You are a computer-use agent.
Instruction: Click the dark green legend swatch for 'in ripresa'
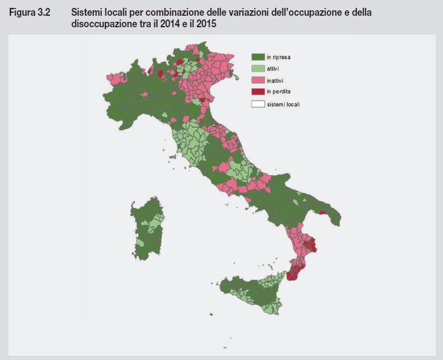pos(258,56)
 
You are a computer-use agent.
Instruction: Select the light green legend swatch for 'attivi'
pos(258,68)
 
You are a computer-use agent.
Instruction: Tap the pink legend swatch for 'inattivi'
pos(258,80)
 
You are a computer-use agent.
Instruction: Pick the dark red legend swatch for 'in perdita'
pos(258,92)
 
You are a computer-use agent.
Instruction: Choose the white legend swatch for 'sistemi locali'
pos(258,104)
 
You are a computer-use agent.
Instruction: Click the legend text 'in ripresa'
pos(278,56)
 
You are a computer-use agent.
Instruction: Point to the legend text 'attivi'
pos(273,68)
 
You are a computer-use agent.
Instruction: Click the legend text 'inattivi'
pos(275,80)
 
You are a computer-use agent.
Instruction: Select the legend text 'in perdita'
pos(279,92)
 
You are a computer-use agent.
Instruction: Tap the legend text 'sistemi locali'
pos(284,104)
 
